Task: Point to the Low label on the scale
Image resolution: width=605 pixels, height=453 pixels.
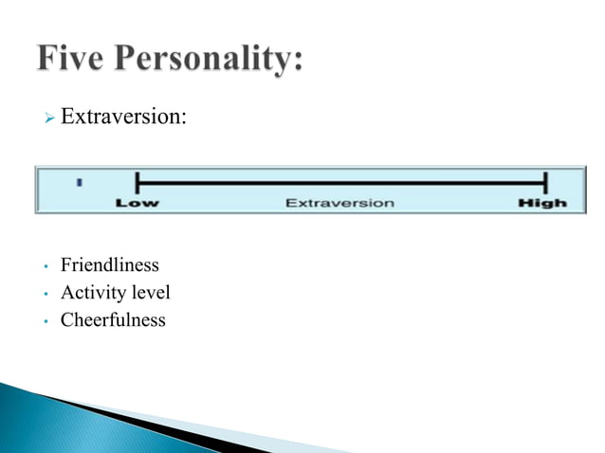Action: click(137, 203)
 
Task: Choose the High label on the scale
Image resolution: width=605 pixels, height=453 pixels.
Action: click(542, 203)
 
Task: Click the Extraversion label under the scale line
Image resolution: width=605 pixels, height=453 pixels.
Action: click(339, 203)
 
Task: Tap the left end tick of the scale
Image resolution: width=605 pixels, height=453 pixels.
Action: click(137, 182)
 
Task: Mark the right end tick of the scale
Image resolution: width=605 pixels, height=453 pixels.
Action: click(545, 182)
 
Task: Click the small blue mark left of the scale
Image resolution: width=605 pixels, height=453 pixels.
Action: click(81, 180)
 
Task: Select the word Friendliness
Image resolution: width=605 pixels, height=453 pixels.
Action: click(110, 265)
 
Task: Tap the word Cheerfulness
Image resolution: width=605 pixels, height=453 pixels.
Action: click(113, 320)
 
